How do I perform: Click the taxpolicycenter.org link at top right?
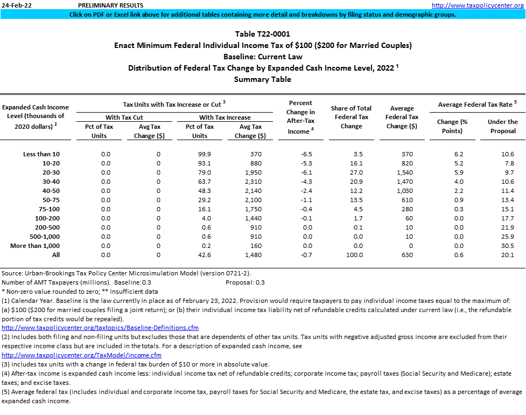(478, 5)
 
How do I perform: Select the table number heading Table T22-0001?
(263, 34)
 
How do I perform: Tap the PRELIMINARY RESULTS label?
(106, 5)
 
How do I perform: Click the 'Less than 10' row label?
(41, 154)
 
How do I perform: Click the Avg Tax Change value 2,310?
(252, 182)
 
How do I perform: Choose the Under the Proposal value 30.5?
(508, 246)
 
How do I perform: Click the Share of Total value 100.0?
(354, 255)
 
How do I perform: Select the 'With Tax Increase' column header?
(225, 117)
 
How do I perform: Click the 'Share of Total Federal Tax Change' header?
(352, 117)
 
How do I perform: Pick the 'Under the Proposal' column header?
(502, 126)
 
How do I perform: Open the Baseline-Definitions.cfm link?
(100, 328)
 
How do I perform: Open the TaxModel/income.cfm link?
(82, 355)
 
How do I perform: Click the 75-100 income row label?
(48, 209)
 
